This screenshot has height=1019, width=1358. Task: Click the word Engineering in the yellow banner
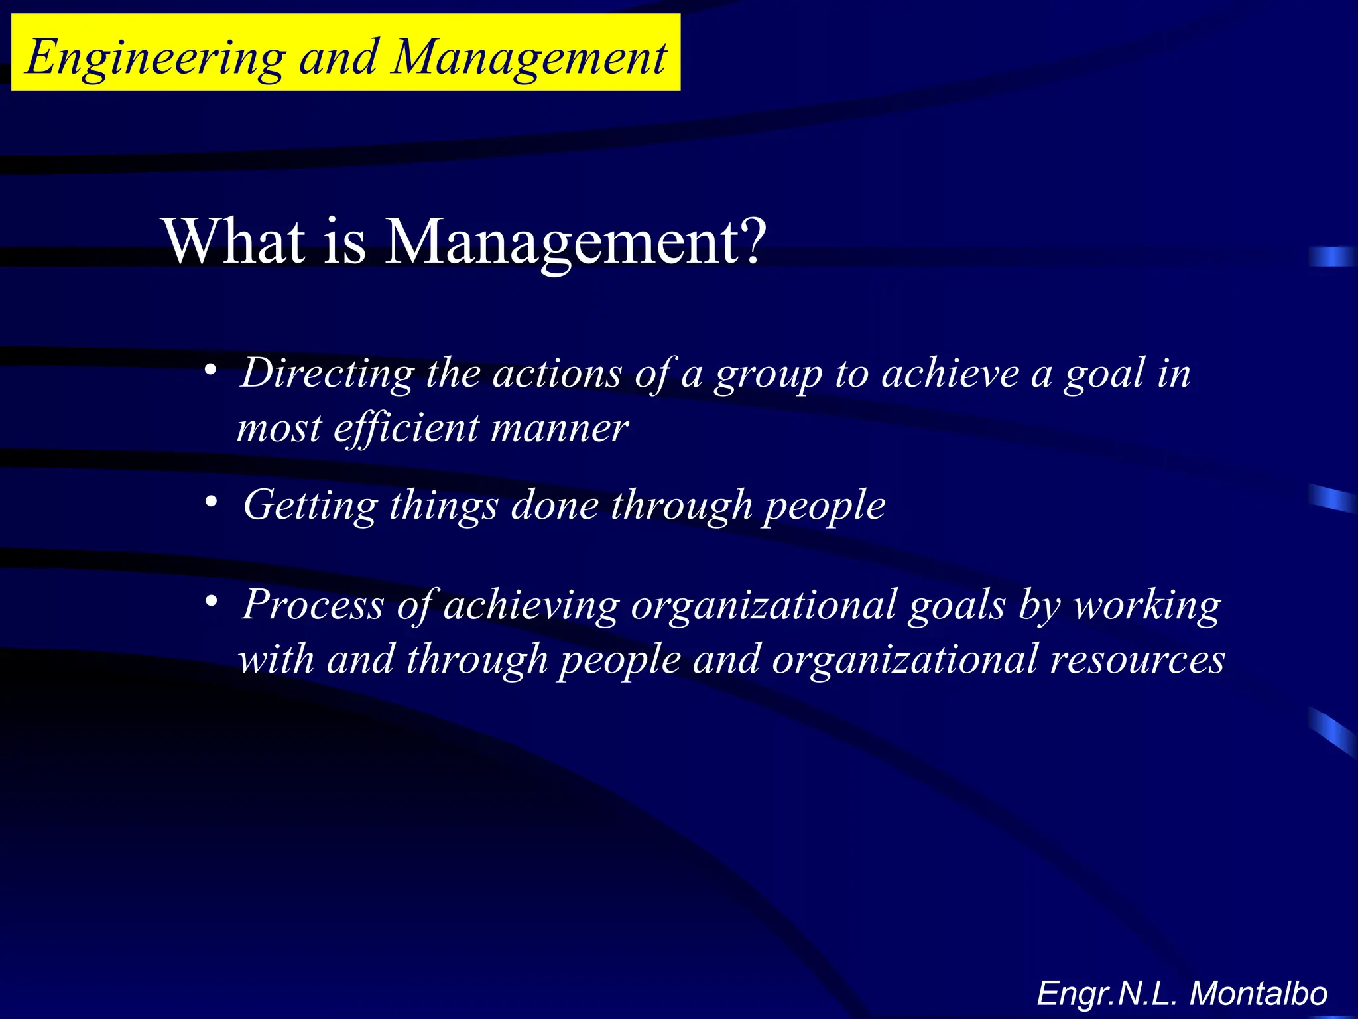(x=156, y=58)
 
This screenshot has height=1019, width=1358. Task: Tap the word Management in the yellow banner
(x=528, y=58)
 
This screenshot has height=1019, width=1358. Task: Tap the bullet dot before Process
(x=210, y=601)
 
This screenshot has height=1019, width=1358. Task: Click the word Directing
(x=328, y=374)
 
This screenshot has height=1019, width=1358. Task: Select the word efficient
(x=405, y=428)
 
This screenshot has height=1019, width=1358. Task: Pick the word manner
(x=559, y=428)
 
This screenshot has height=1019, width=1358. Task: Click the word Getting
(x=310, y=506)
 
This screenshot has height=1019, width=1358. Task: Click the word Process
(x=313, y=605)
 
